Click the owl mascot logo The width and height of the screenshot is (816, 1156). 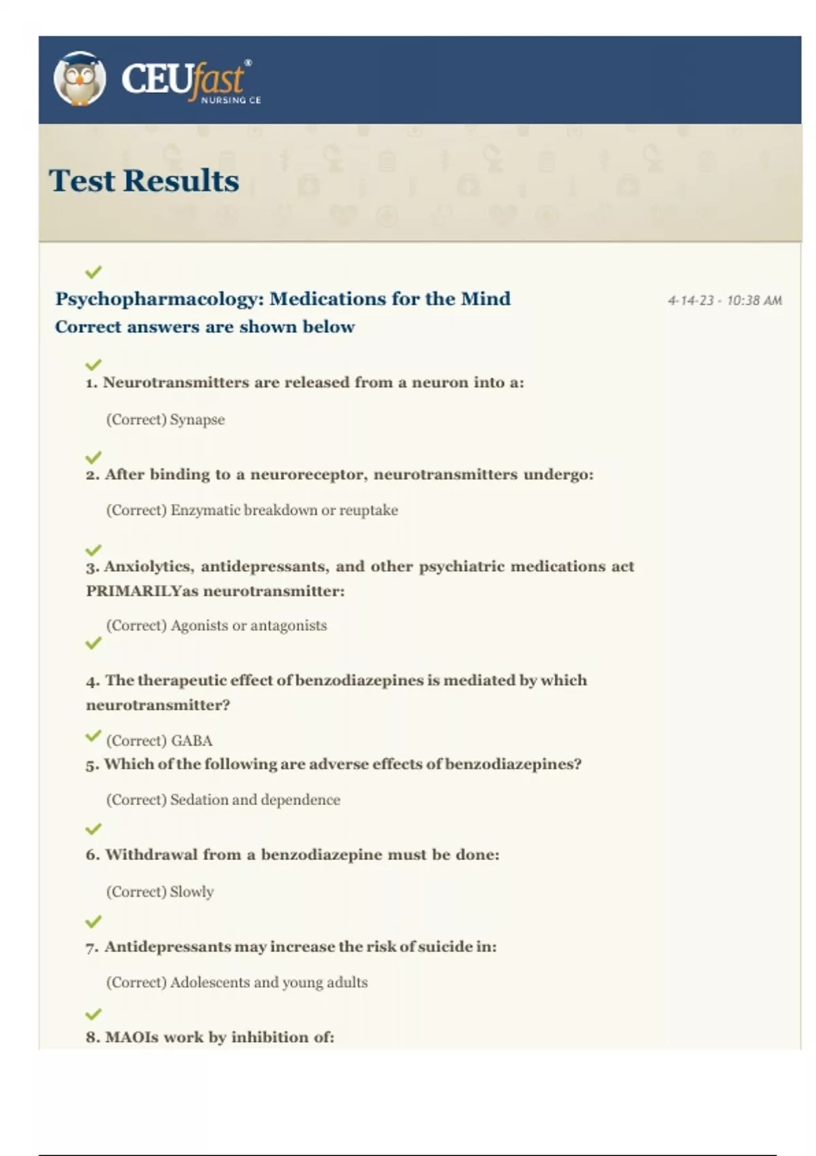coord(80,79)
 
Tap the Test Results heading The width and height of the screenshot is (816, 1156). coord(144,181)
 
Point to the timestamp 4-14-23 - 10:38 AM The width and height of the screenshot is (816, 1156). coord(725,301)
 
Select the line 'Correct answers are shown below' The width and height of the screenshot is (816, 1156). coord(205,327)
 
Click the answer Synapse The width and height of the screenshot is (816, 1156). coord(197,420)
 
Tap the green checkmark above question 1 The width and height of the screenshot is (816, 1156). coord(93,364)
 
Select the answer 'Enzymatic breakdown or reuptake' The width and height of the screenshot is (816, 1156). coord(284,510)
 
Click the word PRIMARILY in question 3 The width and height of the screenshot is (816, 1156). coord(133,592)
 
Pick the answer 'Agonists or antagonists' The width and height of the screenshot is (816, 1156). coord(248,626)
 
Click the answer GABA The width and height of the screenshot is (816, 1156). coord(192,741)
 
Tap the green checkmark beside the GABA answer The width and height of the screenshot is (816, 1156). coord(93,736)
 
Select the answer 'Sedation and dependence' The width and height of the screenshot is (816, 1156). coord(255,800)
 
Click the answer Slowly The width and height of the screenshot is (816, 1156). coord(191,891)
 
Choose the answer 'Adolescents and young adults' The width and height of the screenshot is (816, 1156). coord(269,983)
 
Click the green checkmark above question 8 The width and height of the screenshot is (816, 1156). coord(93,1014)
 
